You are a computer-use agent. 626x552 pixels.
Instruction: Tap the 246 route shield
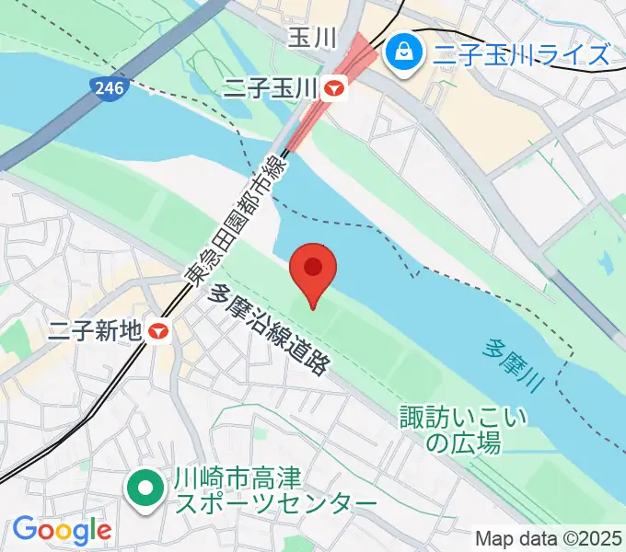[x=107, y=88]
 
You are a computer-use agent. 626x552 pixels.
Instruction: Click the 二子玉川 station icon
[x=335, y=89]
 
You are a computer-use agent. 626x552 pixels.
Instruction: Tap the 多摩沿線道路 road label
[x=270, y=328]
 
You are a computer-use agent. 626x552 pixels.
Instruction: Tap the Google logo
[x=62, y=530]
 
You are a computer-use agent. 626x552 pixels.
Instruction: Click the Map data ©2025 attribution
[x=550, y=537]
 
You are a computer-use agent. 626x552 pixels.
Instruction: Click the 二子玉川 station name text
[x=272, y=89]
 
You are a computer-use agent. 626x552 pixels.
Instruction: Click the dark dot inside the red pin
[x=313, y=267]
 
